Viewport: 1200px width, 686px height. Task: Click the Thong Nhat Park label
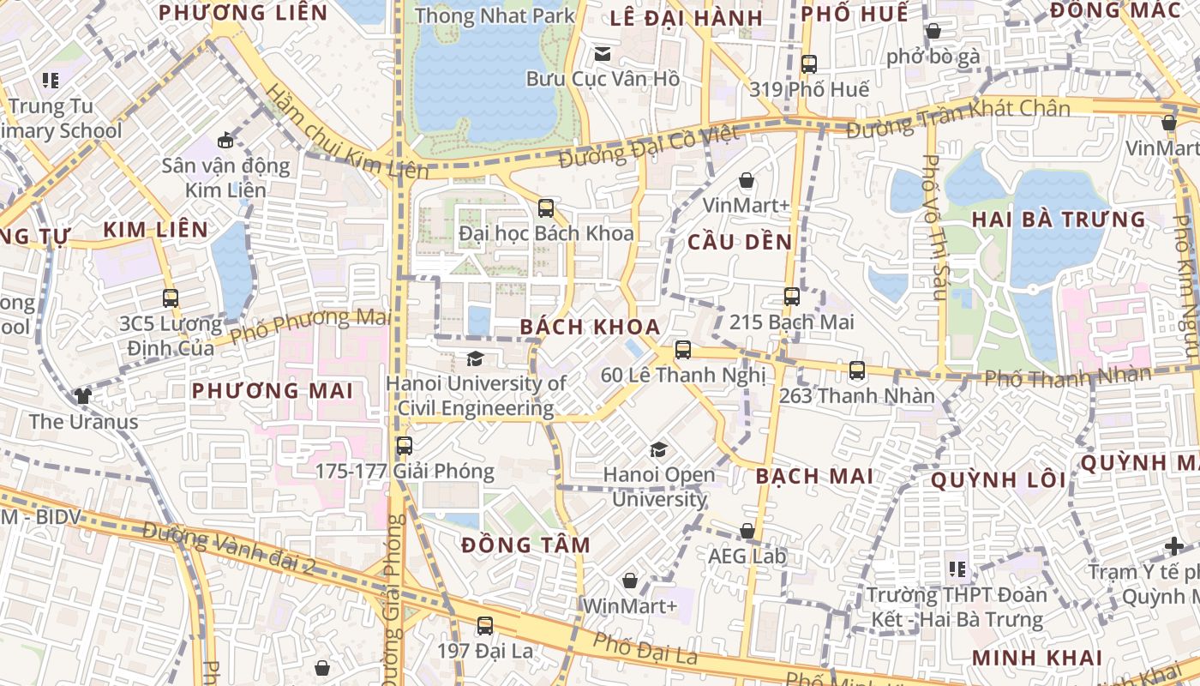(x=495, y=15)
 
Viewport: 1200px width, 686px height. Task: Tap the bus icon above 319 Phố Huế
(x=808, y=63)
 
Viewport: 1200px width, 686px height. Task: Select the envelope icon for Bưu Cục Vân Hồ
(x=603, y=54)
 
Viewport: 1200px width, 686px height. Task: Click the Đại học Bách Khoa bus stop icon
(x=546, y=208)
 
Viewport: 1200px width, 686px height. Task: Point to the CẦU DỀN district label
(x=741, y=243)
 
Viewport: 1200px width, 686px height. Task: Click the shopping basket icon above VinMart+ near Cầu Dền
(x=747, y=180)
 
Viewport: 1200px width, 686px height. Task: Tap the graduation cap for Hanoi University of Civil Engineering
(x=475, y=358)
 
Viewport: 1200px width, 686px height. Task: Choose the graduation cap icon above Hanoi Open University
(x=658, y=449)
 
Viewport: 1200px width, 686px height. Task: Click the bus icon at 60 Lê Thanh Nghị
(x=683, y=349)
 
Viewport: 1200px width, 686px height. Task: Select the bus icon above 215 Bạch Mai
(x=791, y=297)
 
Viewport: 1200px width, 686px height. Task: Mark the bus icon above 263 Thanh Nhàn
(x=857, y=370)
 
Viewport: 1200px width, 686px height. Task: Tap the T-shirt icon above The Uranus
(x=83, y=395)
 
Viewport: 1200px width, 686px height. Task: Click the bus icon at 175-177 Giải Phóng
(x=405, y=446)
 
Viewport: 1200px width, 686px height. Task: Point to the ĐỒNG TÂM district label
(x=525, y=545)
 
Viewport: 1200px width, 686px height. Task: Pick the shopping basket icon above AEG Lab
(x=747, y=531)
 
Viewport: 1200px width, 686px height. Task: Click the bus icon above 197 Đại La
(x=485, y=626)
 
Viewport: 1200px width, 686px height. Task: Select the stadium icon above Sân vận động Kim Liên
(x=225, y=140)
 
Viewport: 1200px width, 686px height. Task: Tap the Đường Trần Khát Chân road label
(x=958, y=119)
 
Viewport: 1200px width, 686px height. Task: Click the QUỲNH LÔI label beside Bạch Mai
(x=999, y=480)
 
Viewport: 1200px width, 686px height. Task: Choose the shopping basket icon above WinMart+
(x=630, y=581)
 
